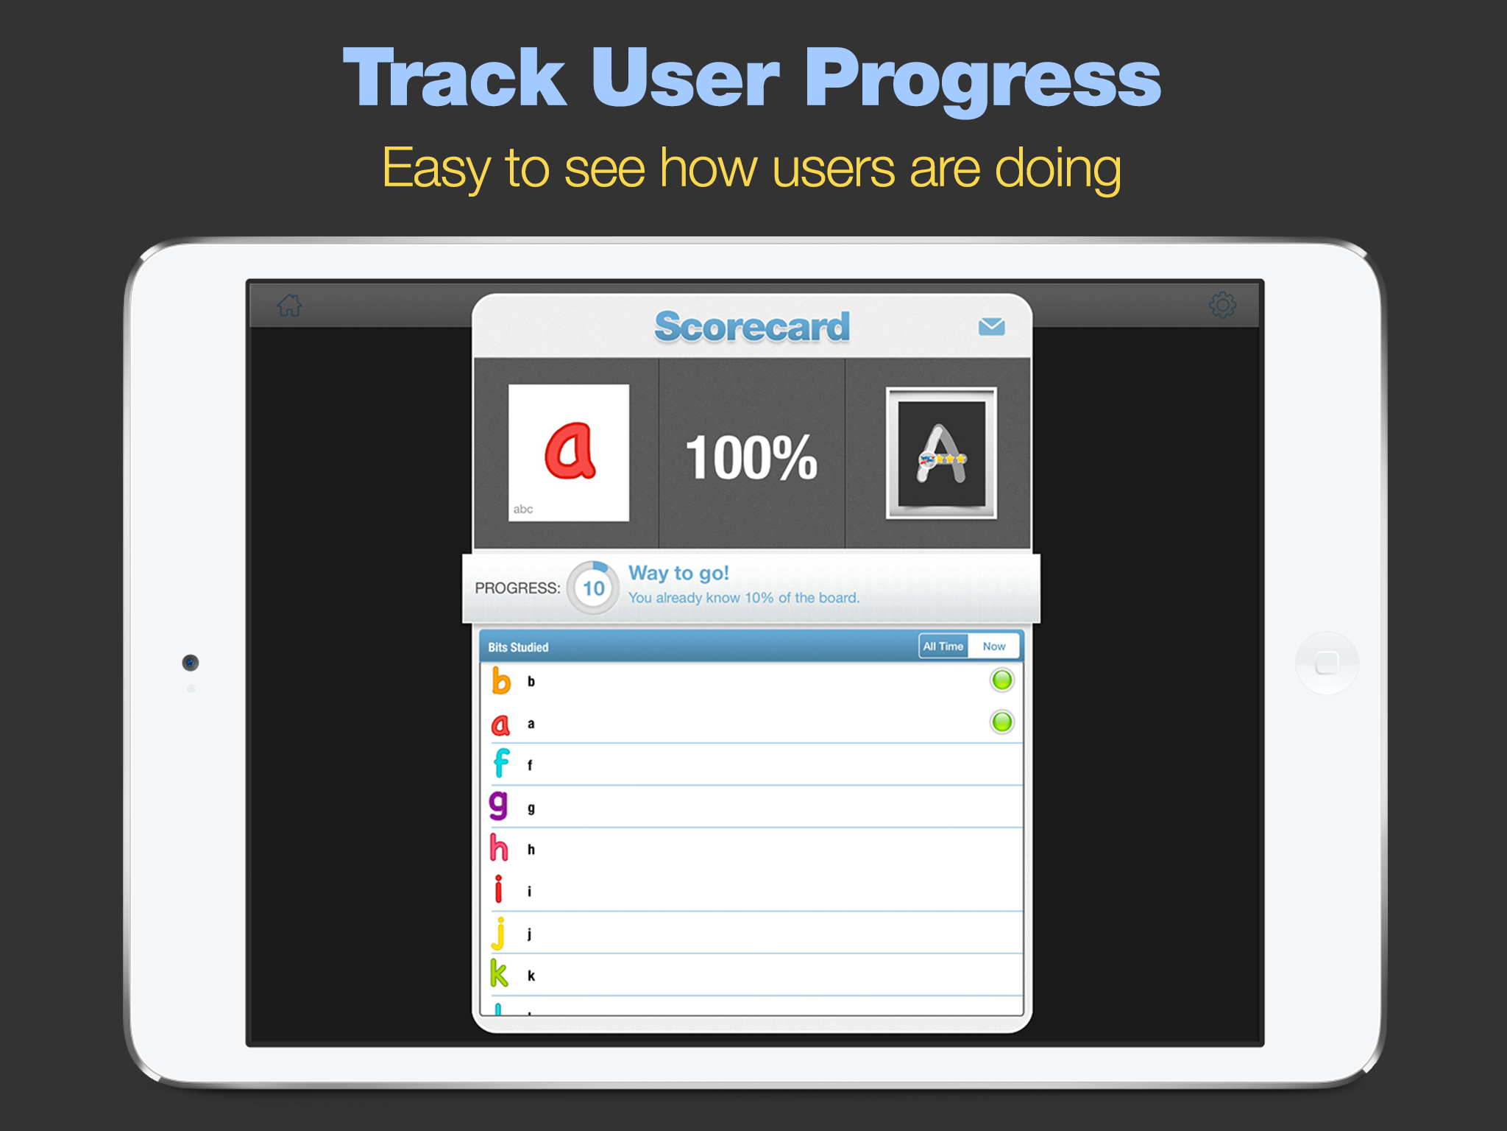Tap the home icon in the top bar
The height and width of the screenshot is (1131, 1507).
pos(290,305)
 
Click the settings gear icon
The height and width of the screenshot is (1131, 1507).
pos(1222,304)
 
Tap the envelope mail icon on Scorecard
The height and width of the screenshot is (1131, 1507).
pos(991,326)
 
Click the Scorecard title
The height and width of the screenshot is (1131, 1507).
pos(752,326)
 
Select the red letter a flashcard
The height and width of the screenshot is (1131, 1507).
pos(569,452)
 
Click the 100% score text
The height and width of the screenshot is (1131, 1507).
pos(751,457)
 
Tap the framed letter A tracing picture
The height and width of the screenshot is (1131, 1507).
pos(941,453)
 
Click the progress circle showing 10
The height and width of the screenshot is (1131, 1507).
pos(593,588)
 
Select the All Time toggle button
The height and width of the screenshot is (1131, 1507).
pos(943,646)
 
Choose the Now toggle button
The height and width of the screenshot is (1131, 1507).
pos(994,646)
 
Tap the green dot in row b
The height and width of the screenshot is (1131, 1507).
pos(1001,680)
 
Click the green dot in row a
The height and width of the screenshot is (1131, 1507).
pos(1001,722)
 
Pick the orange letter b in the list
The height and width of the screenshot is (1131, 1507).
pos(501,680)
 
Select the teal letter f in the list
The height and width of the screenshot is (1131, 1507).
pos(501,763)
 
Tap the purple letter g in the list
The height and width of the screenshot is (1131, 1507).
pos(499,805)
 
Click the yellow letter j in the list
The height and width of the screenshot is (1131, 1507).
pos(499,933)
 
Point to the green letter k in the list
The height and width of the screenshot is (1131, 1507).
pos(499,973)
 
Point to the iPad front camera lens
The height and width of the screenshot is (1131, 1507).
pos(191,663)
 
